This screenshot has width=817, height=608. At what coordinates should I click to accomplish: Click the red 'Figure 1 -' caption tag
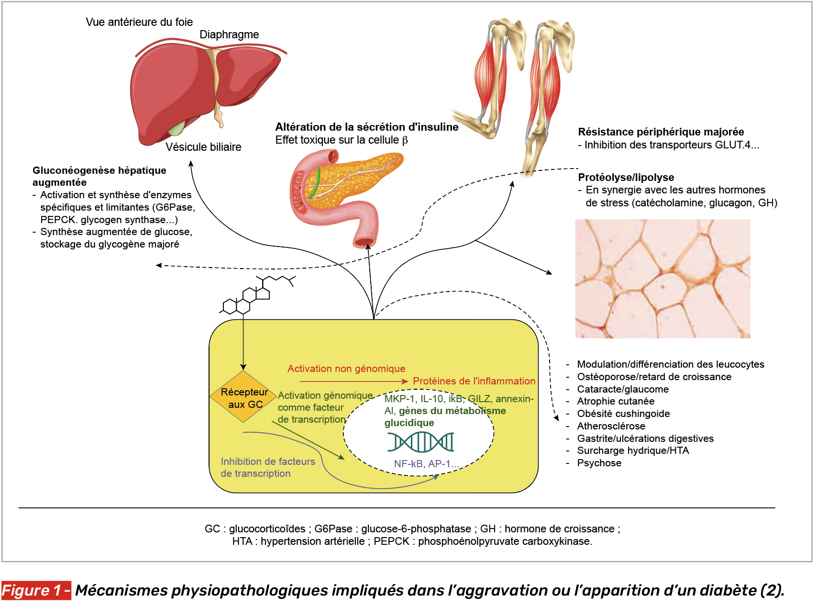pyautogui.click(x=36, y=590)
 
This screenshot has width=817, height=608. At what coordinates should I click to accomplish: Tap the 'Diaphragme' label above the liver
pyautogui.click(x=229, y=34)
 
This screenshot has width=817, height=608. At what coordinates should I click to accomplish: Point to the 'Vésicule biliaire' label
pyautogui.click(x=203, y=147)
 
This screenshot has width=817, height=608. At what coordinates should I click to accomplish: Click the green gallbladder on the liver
pyautogui.click(x=177, y=129)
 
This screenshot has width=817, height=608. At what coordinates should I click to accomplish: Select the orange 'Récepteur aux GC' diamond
pyautogui.click(x=244, y=397)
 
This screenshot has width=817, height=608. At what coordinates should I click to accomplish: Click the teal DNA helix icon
pyautogui.click(x=420, y=442)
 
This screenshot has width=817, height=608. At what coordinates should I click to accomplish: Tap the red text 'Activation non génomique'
pyautogui.click(x=346, y=369)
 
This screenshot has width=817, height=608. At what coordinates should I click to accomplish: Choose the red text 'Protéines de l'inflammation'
pyautogui.click(x=474, y=381)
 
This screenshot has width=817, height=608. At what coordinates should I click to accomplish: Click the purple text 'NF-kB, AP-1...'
pyautogui.click(x=426, y=464)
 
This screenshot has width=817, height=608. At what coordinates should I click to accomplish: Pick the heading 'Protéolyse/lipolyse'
pyautogui.click(x=626, y=177)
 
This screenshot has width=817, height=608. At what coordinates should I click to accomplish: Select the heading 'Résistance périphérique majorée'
pyautogui.click(x=661, y=132)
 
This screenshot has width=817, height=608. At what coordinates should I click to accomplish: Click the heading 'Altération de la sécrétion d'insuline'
pyautogui.click(x=366, y=127)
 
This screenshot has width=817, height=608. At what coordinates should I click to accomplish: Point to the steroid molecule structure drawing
pyautogui.click(x=256, y=296)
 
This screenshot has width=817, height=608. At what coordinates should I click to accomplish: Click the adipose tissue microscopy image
pyautogui.click(x=662, y=279)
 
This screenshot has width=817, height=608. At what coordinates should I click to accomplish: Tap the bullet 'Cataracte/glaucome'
pyautogui.click(x=622, y=389)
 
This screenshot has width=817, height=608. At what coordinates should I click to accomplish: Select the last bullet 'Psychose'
pyautogui.click(x=599, y=463)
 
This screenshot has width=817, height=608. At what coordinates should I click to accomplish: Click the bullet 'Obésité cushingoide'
pyautogui.click(x=623, y=414)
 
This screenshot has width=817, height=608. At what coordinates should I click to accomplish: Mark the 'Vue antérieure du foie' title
pyautogui.click(x=139, y=22)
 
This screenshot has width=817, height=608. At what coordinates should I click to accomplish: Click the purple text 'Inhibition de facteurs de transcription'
pyautogui.click(x=268, y=467)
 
